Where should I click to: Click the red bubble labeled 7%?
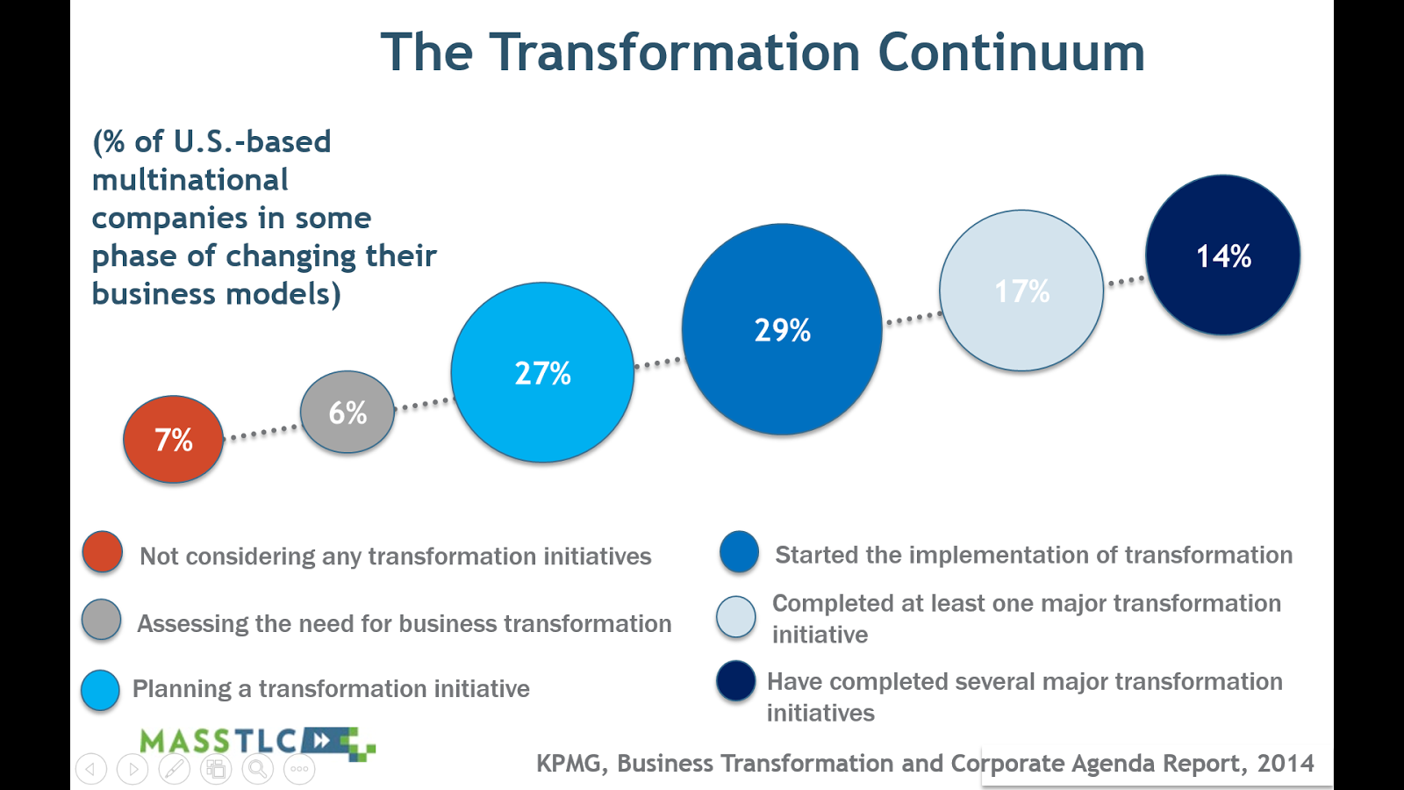point(174,439)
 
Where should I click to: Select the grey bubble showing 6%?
point(347,412)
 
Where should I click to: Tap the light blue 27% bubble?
point(543,372)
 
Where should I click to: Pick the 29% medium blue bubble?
point(782,329)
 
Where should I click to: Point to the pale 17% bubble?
point(1021,291)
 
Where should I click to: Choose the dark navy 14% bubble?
point(1223,255)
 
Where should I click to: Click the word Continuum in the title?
point(1012,52)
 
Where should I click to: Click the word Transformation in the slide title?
point(675,52)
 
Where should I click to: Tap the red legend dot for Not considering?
point(102,552)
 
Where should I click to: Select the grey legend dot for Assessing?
point(102,620)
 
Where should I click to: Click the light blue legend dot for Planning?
point(100,690)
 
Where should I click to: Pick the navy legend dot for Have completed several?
point(736,680)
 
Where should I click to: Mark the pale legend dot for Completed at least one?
point(736,616)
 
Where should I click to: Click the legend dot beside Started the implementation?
point(740,552)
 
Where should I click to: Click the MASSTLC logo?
point(258,743)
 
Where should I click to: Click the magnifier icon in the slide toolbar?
point(258,769)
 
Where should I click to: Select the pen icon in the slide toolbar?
point(175,769)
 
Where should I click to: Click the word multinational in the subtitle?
point(190,180)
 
